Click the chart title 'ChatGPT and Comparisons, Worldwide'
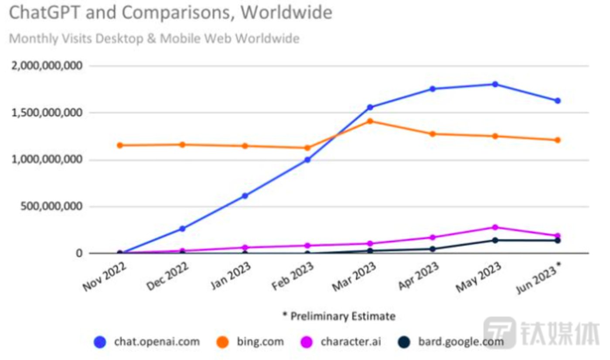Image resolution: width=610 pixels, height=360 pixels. [170, 13]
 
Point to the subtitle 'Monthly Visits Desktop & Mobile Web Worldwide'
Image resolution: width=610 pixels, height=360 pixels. [154, 38]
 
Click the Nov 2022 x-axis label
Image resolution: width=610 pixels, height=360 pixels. [104, 278]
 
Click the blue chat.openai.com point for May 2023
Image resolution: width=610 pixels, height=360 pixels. [495, 84]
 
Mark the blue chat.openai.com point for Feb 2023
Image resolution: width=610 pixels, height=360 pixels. [307, 160]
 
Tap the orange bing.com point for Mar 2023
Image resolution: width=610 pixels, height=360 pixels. [370, 121]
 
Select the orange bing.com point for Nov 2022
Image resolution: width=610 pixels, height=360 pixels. [120, 145]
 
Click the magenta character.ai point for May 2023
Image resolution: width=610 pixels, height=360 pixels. [495, 227]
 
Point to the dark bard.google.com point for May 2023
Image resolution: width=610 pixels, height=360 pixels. [495, 240]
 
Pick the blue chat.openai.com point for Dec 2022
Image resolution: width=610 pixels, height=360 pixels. [182, 229]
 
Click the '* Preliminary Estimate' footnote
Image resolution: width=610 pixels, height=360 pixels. [339, 316]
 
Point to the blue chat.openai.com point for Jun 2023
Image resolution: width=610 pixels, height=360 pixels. [557, 101]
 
